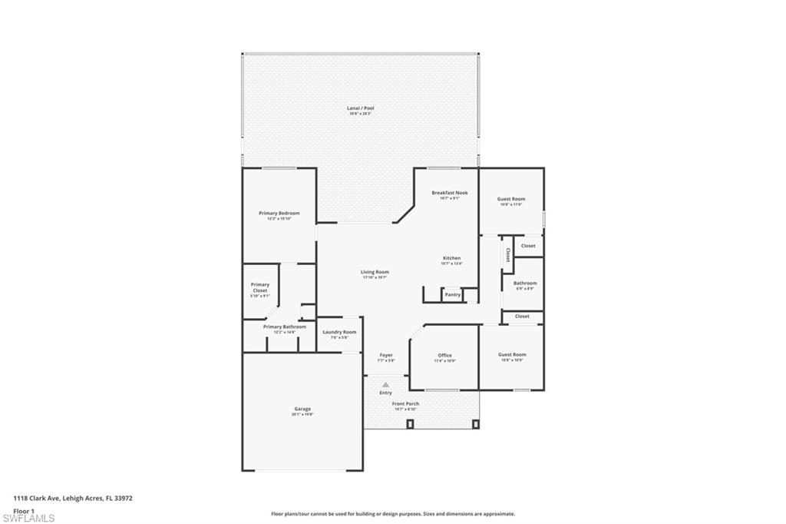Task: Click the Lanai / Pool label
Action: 360,108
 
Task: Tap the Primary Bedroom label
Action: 279,213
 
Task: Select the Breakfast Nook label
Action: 449,193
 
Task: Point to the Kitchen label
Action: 451,258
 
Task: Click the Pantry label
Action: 452,294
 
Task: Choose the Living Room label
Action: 375,272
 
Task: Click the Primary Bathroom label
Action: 284,327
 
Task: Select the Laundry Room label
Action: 339,332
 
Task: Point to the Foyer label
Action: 385,355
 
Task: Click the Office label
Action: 444,355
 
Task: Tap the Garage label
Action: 302,409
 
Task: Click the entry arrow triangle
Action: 385,384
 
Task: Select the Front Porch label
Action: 405,403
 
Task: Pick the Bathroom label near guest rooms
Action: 525,283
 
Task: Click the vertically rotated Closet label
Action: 507,255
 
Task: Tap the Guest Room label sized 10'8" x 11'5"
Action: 511,199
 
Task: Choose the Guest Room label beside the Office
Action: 511,354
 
